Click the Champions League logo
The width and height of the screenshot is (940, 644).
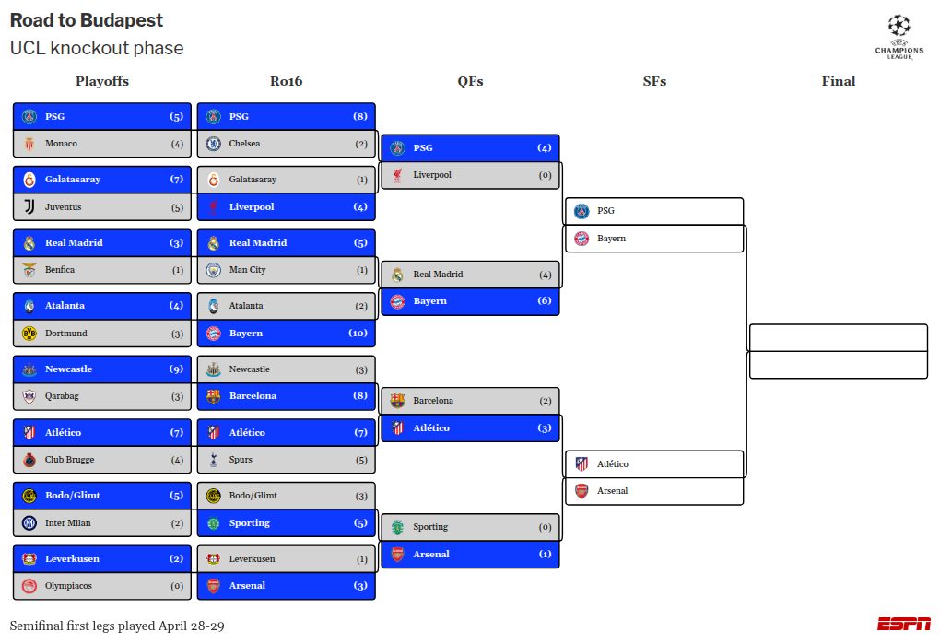point(899,37)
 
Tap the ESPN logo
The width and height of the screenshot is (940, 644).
point(903,624)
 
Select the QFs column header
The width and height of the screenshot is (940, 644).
point(470,81)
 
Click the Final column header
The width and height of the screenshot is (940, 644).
point(838,81)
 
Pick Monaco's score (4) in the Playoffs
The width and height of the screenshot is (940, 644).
point(177,144)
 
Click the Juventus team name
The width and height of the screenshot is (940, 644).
point(63,207)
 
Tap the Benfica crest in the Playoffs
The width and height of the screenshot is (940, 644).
point(29,271)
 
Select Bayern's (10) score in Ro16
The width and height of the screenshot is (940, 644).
point(358,334)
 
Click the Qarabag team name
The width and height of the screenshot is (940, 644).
point(62,396)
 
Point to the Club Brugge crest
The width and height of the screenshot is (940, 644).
point(29,460)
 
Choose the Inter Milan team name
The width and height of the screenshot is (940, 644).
point(67,523)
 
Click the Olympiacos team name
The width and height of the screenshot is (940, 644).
point(68,586)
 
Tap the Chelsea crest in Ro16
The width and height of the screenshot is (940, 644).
point(214,144)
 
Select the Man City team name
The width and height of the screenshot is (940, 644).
point(247,270)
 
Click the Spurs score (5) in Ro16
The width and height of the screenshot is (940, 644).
point(361,460)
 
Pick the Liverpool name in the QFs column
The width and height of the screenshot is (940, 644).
point(432,175)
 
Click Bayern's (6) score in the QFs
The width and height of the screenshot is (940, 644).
point(545,301)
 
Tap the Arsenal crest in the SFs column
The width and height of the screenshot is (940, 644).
point(582,491)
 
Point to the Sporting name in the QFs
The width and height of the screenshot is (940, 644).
point(430,527)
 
